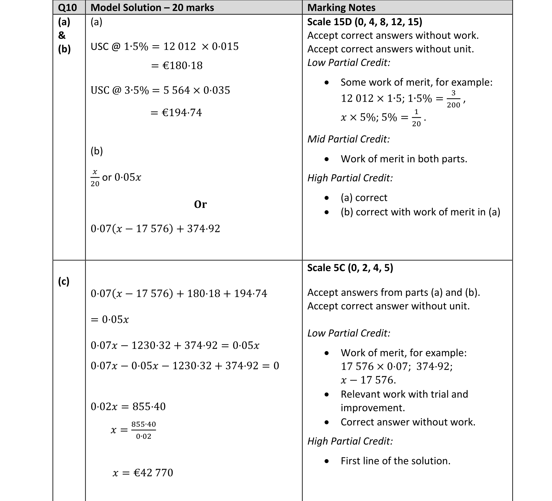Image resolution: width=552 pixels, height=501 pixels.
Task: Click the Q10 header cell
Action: [x=67, y=8]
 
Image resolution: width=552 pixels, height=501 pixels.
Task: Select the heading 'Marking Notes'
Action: [x=341, y=8]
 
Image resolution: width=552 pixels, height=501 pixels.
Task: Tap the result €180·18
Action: [x=182, y=66]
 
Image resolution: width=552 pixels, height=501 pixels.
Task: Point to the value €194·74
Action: [x=181, y=113]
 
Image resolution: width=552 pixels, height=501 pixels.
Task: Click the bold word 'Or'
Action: [x=200, y=204]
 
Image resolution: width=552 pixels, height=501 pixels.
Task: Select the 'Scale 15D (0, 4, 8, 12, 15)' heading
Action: [x=364, y=22]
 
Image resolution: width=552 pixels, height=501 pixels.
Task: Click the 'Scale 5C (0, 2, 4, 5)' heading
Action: [x=350, y=268]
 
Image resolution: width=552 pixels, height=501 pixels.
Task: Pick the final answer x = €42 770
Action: [x=143, y=472]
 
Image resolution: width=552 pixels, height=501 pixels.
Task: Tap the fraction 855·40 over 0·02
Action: [x=144, y=430]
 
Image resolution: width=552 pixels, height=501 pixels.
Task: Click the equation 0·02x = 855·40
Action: [x=128, y=406]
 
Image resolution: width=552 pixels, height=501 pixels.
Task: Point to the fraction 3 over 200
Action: [x=453, y=99]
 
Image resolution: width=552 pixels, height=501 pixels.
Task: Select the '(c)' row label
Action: [x=64, y=281]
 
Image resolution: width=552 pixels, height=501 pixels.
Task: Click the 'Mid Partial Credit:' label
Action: [x=348, y=139]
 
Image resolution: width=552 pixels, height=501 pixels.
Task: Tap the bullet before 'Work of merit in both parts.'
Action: [x=327, y=159]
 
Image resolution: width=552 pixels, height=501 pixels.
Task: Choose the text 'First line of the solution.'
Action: [x=395, y=461]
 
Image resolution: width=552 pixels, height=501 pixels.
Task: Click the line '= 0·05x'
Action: [x=110, y=320]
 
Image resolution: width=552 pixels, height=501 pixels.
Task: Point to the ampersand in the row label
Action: [x=62, y=36]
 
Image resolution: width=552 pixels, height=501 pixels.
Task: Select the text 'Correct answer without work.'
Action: [x=408, y=422]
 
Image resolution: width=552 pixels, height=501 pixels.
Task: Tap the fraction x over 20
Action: [x=95, y=178]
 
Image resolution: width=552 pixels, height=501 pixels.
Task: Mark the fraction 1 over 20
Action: [x=416, y=118]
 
